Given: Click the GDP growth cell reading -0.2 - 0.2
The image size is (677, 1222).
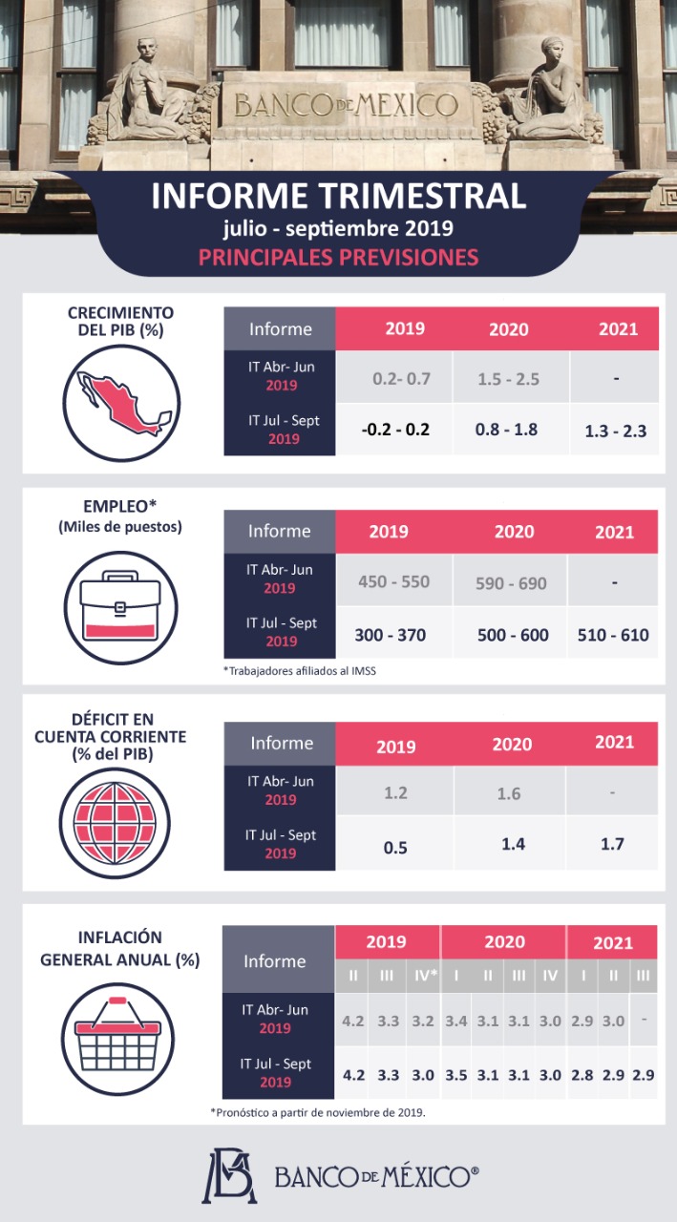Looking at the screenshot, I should pyautogui.click(x=395, y=429).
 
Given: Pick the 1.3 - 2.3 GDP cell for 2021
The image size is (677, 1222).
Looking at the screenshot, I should pyautogui.click(x=615, y=431).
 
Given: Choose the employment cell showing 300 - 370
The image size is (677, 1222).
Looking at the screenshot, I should pyautogui.click(x=390, y=634).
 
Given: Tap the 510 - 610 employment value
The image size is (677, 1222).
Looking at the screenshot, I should pyautogui.click(x=613, y=634).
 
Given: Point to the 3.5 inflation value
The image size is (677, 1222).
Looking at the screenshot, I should pyautogui.click(x=455, y=1074).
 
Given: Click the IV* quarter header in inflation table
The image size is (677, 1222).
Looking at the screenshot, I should pyautogui.click(x=423, y=976).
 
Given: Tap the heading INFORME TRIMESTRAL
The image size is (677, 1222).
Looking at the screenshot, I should pyautogui.click(x=338, y=196).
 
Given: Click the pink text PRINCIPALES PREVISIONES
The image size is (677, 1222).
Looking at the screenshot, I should pyautogui.click(x=338, y=257).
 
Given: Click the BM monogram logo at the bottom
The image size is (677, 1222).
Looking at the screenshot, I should pyautogui.click(x=228, y=1175).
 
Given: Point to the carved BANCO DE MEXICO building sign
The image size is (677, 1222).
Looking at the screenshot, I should pyautogui.click(x=346, y=104).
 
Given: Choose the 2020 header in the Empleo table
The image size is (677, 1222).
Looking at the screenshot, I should pyautogui.click(x=514, y=532).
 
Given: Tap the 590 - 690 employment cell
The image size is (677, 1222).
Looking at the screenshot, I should pyautogui.click(x=510, y=582).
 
